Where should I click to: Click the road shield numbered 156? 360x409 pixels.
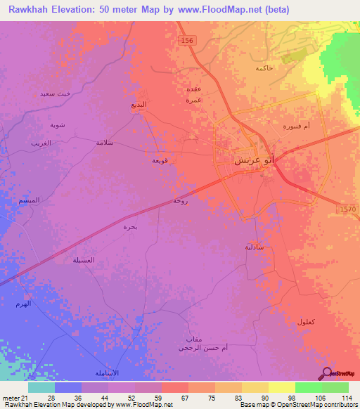coord(186,41)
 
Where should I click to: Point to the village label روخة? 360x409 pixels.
coord(181,201)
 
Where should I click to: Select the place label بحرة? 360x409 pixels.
coord(130,226)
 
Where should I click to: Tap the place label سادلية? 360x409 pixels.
coord(255,247)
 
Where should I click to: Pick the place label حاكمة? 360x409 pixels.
coord(264,67)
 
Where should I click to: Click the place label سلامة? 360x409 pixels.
coord(105,142)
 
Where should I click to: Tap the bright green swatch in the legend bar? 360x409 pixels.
coord(308,387)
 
